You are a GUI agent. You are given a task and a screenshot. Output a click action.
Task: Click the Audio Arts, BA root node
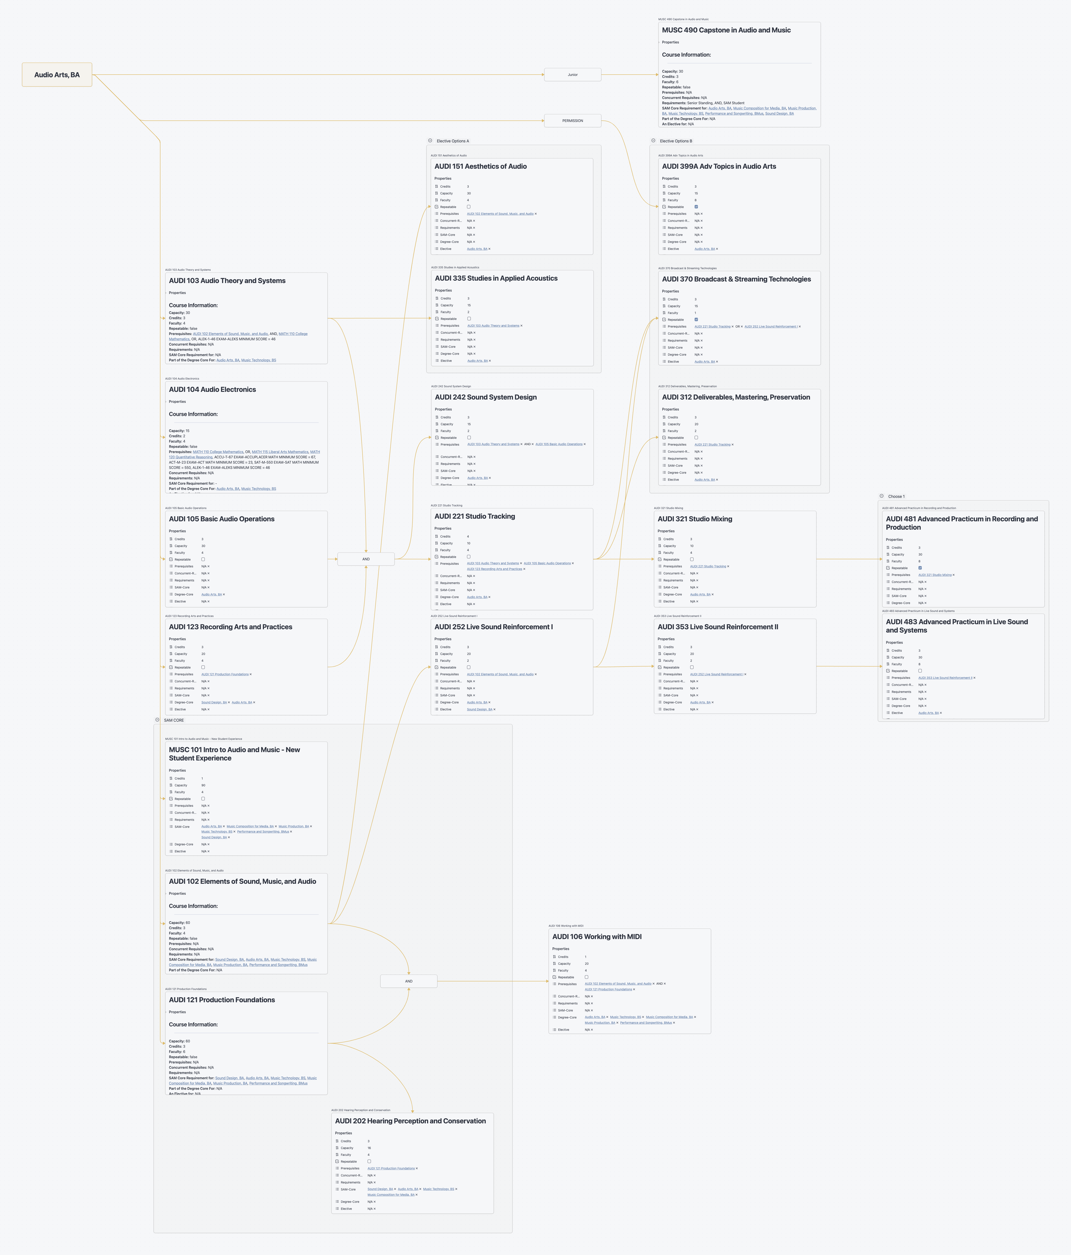tap(57, 75)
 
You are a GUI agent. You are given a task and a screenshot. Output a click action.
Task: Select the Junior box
tap(572, 75)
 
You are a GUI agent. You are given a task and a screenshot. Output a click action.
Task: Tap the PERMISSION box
tap(572, 120)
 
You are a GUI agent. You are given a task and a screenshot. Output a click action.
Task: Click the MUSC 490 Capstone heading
tap(726, 30)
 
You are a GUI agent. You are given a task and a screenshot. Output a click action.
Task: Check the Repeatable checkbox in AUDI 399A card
tap(696, 206)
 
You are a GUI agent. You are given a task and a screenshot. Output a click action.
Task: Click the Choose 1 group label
tap(896, 496)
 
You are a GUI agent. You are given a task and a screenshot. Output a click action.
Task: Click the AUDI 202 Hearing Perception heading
tap(410, 1121)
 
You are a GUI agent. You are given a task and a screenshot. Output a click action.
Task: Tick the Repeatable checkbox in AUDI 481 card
tap(920, 568)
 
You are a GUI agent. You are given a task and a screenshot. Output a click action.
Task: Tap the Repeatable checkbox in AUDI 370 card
tap(696, 319)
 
